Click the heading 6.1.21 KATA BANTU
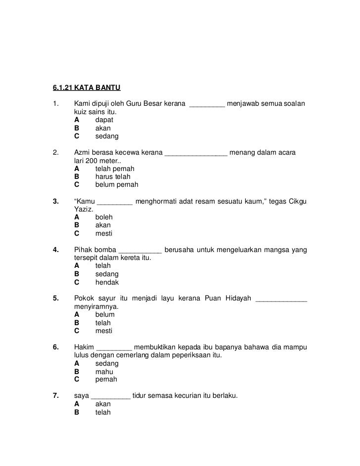click(x=87, y=88)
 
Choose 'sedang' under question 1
click(x=107, y=136)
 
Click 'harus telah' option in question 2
click(x=113, y=176)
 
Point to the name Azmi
click(x=82, y=153)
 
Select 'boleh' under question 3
click(x=104, y=217)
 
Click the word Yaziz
click(x=83, y=209)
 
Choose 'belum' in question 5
click(x=105, y=314)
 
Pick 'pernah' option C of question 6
click(x=106, y=380)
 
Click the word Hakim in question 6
click(x=84, y=347)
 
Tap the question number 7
click(x=56, y=396)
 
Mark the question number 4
click(x=56, y=250)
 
